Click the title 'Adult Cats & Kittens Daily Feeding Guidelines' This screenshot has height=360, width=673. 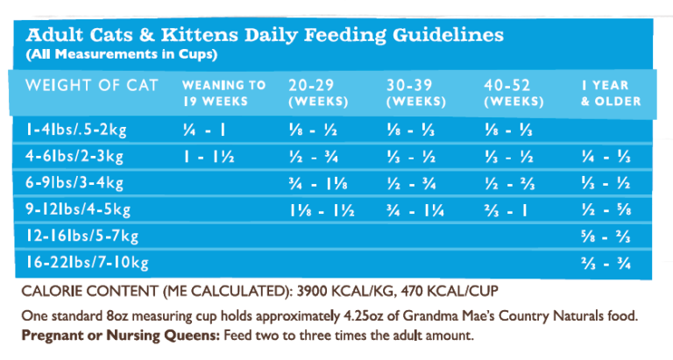pyautogui.click(x=265, y=36)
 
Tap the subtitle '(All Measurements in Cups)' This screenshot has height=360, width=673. pyautogui.click(x=121, y=54)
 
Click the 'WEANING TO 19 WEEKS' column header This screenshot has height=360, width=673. pyautogui.click(x=223, y=93)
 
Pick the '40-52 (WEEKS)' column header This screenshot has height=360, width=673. pyautogui.click(x=513, y=93)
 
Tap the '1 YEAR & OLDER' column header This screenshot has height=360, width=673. pyautogui.click(x=610, y=93)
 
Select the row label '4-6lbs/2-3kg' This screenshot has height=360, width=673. pyautogui.click(x=74, y=158)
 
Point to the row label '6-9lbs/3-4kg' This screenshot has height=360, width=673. pyautogui.click(x=74, y=184)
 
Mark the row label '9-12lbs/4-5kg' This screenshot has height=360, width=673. pyautogui.click(x=78, y=210)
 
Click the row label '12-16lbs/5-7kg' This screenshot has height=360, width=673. pyautogui.click(x=81, y=236)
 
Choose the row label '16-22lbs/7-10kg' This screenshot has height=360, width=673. pyautogui.click(x=86, y=263)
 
